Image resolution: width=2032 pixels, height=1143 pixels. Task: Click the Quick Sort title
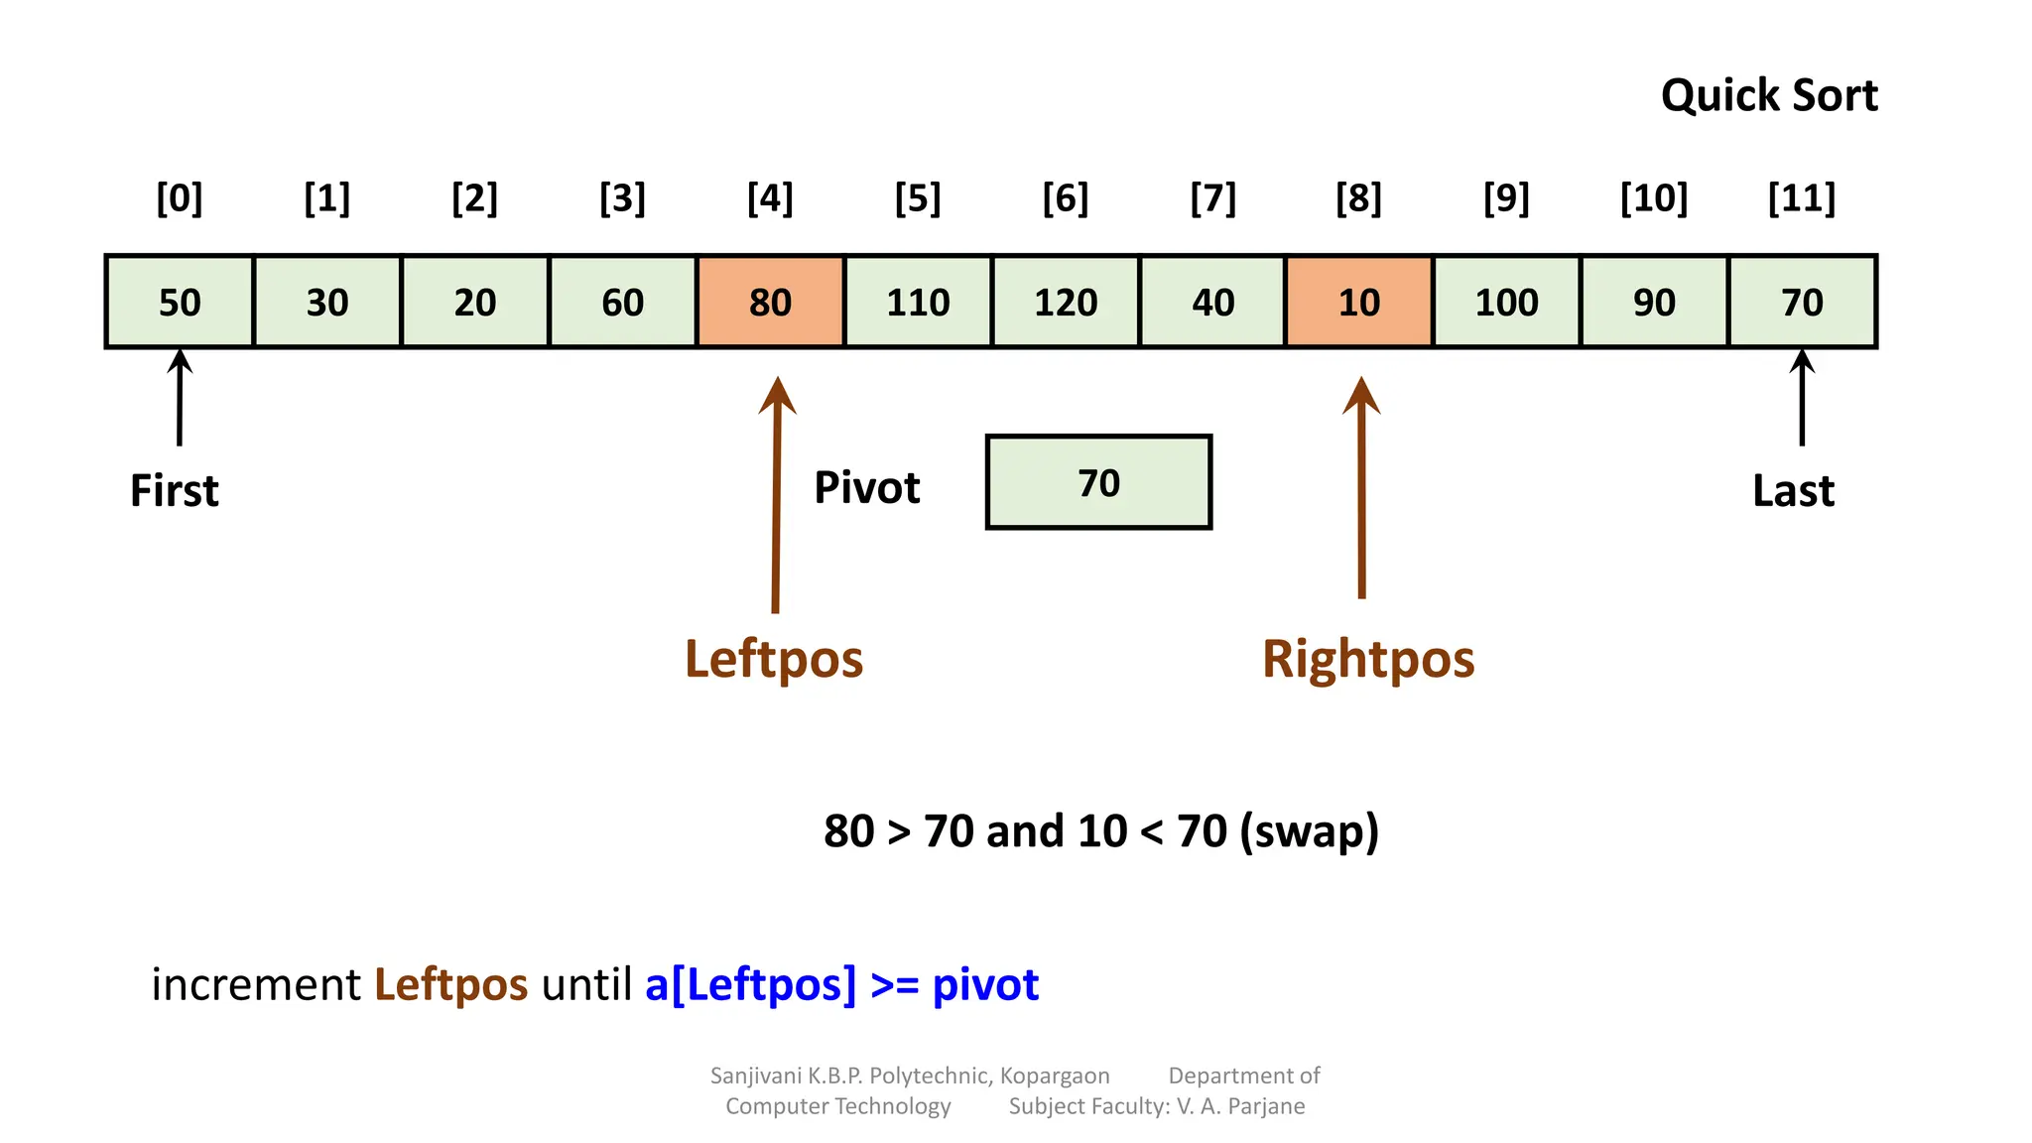(x=1768, y=96)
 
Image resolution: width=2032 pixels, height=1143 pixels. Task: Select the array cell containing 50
(x=180, y=302)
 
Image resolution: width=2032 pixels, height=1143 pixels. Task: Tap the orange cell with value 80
(x=771, y=302)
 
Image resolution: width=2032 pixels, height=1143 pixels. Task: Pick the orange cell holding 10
(x=1359, y=302)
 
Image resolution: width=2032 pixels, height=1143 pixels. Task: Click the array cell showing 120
(x=1066, y=302)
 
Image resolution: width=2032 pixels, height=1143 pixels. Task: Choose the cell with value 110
(x=918, y=302)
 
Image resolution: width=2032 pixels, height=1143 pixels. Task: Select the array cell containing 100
(x=1506, y=302)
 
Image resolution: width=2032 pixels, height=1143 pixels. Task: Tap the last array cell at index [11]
(x=1802, y=302)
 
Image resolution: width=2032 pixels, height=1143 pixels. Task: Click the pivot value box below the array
(x=1098, y=482)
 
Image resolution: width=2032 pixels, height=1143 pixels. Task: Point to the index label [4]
(x=770, y=197)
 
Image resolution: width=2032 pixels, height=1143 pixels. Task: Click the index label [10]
(x=1654, y=197)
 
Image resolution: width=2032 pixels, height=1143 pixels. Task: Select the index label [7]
(x=1212, y=197)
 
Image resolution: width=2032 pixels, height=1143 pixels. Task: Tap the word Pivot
(x=867, y=488)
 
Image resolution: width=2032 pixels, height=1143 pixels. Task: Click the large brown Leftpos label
(x=774, y=659)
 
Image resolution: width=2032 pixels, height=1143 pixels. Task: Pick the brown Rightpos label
(x=1368, y=659)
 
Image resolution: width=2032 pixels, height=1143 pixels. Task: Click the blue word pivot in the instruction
(x=985, y=984)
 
